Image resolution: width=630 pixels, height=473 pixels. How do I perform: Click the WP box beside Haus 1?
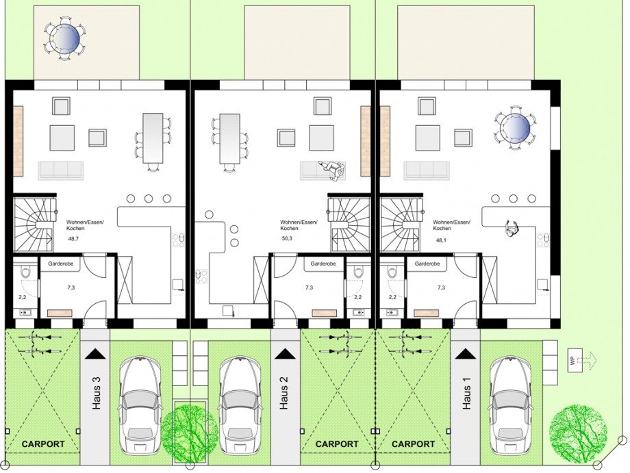click(x=572, y=361)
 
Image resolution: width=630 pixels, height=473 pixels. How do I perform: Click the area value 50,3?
click(x=287, y=238)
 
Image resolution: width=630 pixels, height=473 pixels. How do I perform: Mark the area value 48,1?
click(x=441, y=240)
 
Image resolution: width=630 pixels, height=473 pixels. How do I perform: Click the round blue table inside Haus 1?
click(x=514, y=128)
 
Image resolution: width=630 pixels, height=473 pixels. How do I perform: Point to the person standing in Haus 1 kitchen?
click(x=511, y=229)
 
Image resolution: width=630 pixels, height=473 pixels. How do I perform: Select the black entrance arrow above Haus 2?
click(x=285, y=354)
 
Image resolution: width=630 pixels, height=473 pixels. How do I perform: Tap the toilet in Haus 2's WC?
click(x=357, y=272)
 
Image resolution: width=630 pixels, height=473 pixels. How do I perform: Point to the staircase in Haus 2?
click(x=349, y=224)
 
